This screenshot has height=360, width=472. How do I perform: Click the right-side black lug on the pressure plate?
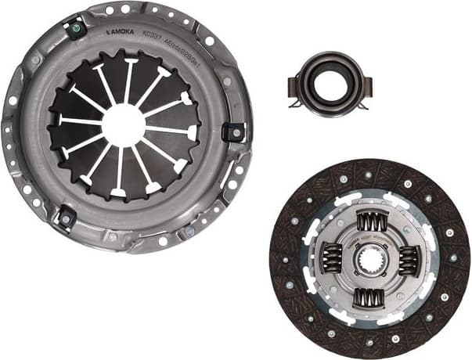click(x=233, y=131)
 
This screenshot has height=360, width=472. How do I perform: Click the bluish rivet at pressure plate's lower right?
click(x=189, y=232)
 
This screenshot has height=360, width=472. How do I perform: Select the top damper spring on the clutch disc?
click(x=371, y=221)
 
